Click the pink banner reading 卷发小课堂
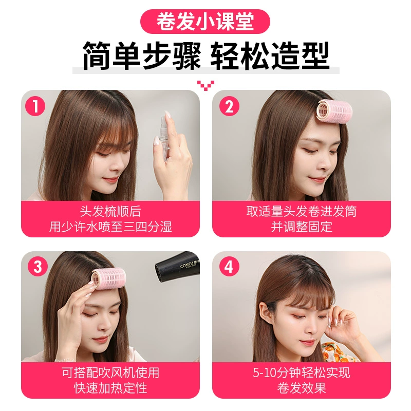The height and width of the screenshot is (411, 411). point(205,22)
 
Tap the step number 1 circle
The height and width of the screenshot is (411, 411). point(35,106)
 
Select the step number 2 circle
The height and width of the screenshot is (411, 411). point(229,106)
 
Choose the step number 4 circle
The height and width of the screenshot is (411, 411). point(229,266)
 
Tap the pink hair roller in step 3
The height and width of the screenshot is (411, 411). point(108,278)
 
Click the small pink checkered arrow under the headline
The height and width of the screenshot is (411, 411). point(206,85)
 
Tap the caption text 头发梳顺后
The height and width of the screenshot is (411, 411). point(110,211)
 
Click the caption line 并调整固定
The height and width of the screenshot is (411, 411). point(302,227)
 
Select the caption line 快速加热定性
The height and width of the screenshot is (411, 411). point(110,388)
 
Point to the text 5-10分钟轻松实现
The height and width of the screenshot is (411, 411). point(302,372)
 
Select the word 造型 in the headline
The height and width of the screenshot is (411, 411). point(300,55)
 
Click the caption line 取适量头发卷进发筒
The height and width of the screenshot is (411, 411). point(302,211)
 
